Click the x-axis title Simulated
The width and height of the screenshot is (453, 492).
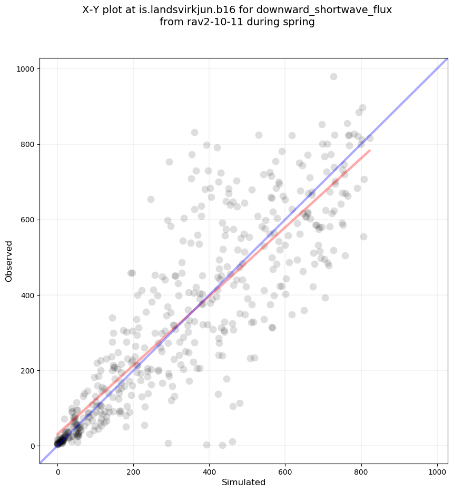click(243, 482)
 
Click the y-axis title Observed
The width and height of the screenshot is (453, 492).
click(9, 261)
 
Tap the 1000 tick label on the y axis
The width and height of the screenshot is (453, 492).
click(26, 69)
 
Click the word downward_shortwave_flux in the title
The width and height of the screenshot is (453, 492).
click(338, 10)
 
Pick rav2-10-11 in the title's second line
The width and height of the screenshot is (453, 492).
click(209, 22)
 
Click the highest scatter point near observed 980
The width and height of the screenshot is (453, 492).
click(333, 76)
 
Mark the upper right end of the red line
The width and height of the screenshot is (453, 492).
click(370, 151)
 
